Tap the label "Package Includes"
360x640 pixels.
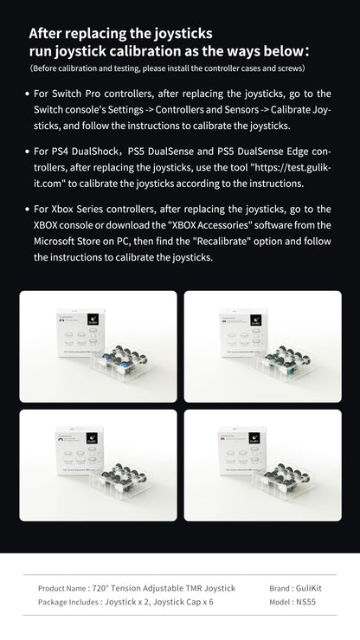(x=68, y=601)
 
